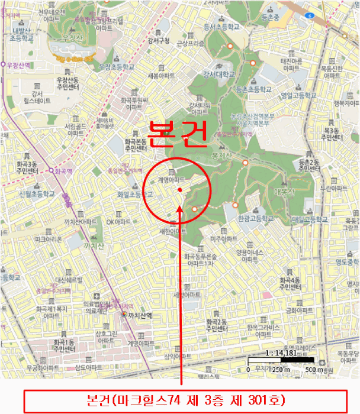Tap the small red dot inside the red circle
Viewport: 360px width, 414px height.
[x=179, y=190]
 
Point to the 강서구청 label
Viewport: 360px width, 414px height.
[x=158, y=41]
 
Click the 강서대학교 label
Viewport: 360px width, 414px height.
[x=220, y=74]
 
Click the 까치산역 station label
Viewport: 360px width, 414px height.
[x=141, y=316]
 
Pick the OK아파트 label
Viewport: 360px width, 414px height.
[x=118, y=222]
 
